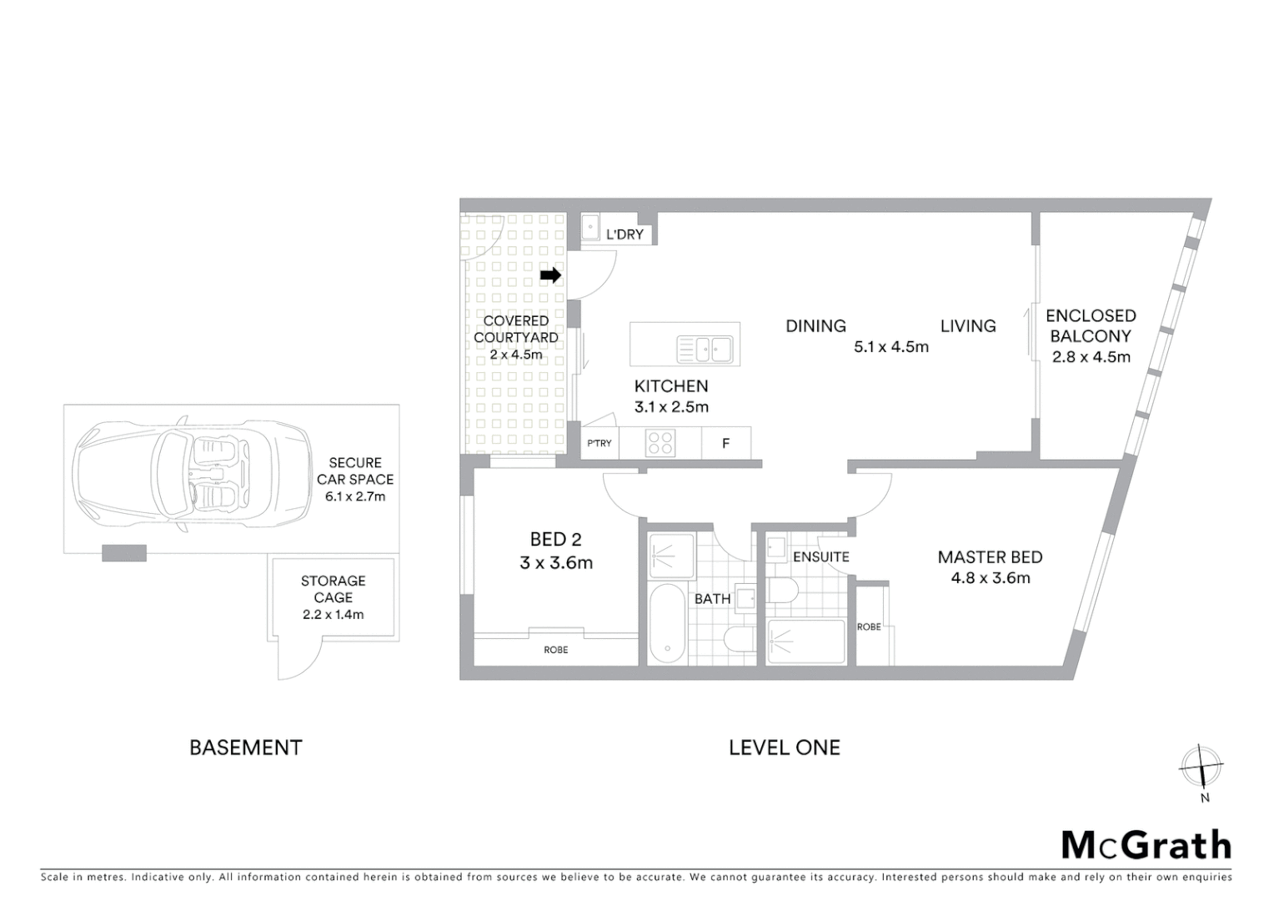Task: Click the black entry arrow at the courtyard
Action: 550,275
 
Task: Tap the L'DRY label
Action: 624,234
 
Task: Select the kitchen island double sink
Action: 705,349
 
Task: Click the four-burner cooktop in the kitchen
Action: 660,442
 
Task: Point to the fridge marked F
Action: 725,443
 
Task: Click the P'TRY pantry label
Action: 599,443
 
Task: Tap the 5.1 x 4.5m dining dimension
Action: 890,346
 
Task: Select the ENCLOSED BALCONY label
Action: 1091,325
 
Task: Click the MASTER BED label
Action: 990,557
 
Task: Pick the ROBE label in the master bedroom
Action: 869,627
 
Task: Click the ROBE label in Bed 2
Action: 555,650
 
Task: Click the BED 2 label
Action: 556,540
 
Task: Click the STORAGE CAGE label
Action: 333,589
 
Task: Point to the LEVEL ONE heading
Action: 784,747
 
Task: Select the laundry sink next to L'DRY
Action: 590,226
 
